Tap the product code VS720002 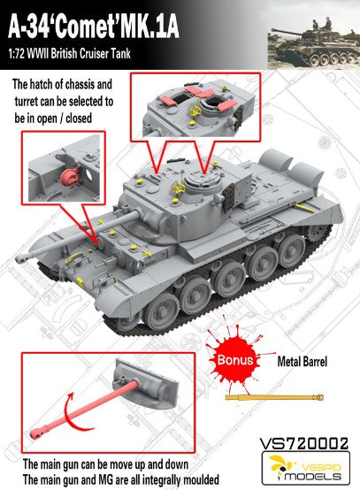[303, 444]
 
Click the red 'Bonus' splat [235, 359]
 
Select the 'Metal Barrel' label [303, 362]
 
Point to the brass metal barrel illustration [274, 397]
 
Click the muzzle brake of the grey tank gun [23, 257]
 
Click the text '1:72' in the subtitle [16, 54]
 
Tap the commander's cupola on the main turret [203, 183]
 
